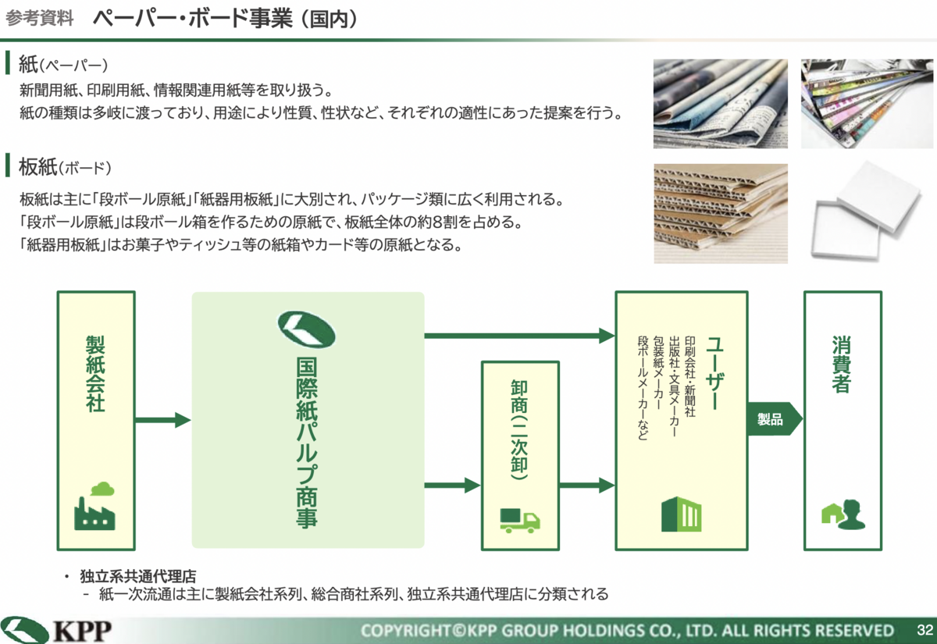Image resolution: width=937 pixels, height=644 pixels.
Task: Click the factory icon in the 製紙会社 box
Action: click(x=94, y=506)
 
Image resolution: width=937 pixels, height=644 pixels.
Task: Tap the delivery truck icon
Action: click(x=520, y=521)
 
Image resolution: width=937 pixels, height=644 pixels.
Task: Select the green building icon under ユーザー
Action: click(x=681, y=514)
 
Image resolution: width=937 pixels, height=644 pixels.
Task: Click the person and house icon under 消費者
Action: click(x=843, y=514)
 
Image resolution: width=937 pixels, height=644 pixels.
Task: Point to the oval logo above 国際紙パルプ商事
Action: click(x=307, y=329)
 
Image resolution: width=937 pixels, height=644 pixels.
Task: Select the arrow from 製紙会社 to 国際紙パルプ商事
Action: click(x=162, y=420)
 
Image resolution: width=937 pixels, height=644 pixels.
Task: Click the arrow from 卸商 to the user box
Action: click(x=587, y=486)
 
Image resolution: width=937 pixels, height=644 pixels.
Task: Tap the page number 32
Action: click(x=925, y=629)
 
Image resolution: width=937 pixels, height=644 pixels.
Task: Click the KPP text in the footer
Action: click(x=83, y=631)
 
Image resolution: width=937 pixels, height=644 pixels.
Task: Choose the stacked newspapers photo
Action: click(x=720, y=104)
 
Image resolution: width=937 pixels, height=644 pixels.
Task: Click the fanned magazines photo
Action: click(x=867, y=104)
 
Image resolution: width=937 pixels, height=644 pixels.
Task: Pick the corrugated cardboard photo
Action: click(x=721, y=213)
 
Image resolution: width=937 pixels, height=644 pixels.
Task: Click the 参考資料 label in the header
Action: click(x=40, y=19)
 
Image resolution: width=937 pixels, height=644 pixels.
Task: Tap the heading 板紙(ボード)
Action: click(x=65, y=167)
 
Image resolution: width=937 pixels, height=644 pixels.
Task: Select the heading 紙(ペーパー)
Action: click(x=63, y=64)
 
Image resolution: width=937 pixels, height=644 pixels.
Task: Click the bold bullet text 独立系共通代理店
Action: click(x=138, y=576)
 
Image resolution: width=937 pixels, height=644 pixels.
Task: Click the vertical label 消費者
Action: click(x=842, y=364)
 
